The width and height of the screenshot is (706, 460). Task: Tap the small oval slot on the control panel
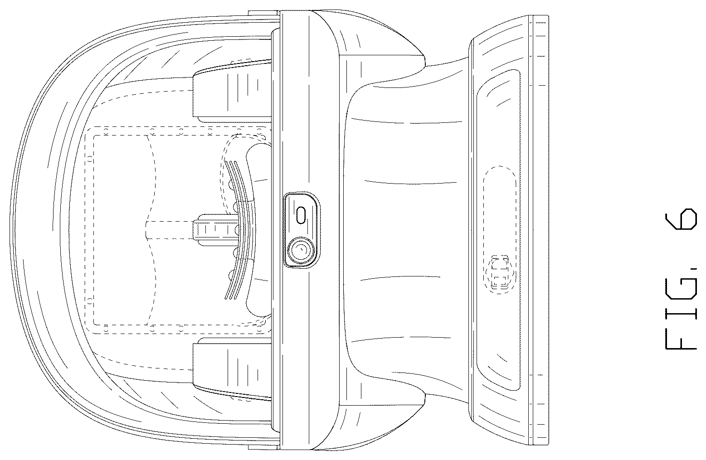302,215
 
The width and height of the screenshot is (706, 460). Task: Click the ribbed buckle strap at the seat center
216,230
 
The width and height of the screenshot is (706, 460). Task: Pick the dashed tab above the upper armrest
242,61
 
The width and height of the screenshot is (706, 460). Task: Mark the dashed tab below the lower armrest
242,399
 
